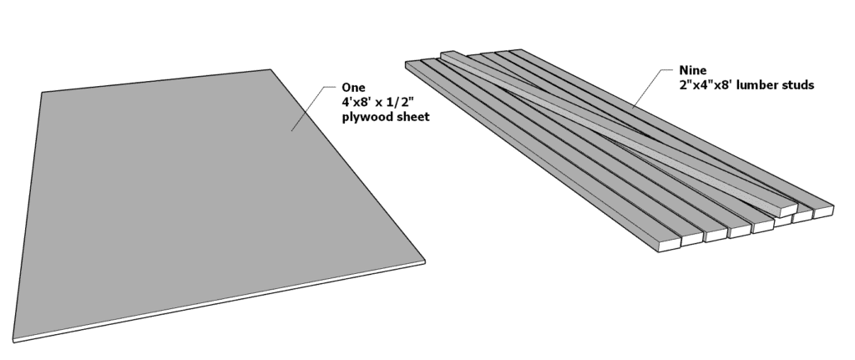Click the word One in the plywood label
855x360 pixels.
[x=353, y=87]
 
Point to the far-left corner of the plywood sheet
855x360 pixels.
[x=41, y=92]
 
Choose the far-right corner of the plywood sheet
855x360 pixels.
[x=270, y=69]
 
